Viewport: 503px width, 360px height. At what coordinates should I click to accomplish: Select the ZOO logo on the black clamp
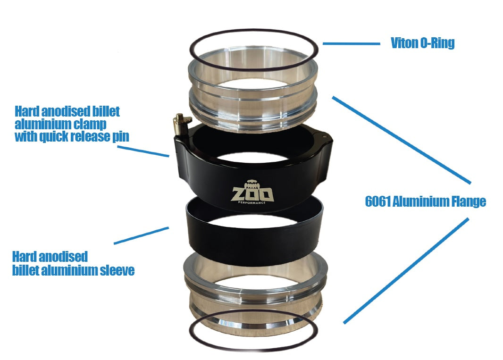(251, 194)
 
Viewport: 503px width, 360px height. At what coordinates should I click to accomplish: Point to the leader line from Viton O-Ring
(351, 44)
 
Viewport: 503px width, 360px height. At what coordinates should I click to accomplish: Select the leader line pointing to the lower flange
(406, 271)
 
